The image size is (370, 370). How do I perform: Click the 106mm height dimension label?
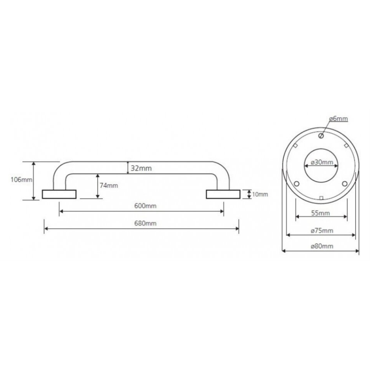pyautogui.click(x=21, y=180)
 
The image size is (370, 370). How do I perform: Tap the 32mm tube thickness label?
pyautogui.click(x=141, y=168)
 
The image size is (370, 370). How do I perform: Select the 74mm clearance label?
pyautogui.click(x=109, y=185)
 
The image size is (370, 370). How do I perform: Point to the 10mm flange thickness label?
pyautogui.click(x=260, y=195)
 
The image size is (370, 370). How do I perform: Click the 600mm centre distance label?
pyautogui.click(x=145, y=206)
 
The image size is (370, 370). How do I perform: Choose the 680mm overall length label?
pyautogui.click(x=145, y=223)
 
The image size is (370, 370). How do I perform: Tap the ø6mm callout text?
pyautogui.click(x=339, y=118)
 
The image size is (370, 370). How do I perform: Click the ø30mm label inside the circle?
pyautogui.click(x=322, y=162)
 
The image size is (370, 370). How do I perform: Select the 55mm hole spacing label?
pyautogui.click(x=320, y=213)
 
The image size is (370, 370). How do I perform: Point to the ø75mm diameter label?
pyautogui.click(x=322, y=231)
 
